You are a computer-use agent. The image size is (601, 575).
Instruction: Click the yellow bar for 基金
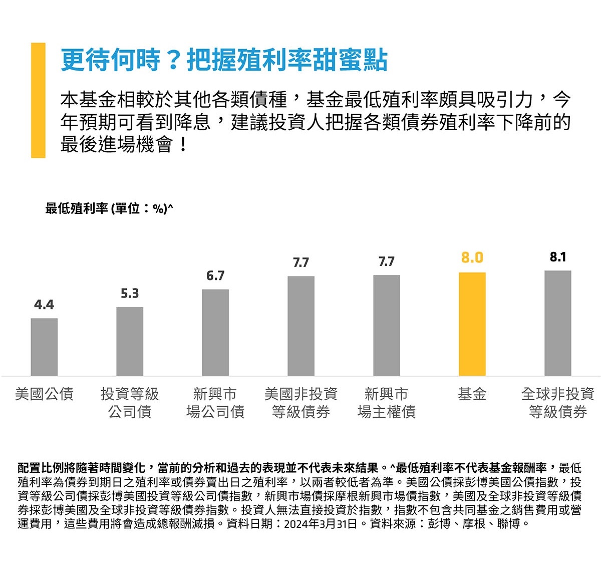[x=472, y=324]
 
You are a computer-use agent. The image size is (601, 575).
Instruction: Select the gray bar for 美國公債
[x=44, y=347]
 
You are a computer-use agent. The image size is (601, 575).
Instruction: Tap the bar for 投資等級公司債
[x=130, y=341]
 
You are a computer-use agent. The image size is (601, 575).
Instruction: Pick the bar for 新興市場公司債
[x=215, y=332]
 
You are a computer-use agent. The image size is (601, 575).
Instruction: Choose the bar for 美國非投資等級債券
[x=301, y=326]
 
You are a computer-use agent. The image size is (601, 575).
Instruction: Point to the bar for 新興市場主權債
[x=387, y=325]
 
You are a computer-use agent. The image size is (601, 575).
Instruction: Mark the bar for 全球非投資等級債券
[x=557, y=323]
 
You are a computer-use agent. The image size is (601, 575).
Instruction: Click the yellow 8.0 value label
[x=472, y=257]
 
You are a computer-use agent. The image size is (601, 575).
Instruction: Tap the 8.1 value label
[x=557, y=257]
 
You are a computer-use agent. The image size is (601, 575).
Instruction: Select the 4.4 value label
[x=44, y=305]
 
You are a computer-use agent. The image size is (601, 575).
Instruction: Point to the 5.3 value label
[x=130, y=294]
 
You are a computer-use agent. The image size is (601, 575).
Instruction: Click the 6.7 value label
[x=215, y=276]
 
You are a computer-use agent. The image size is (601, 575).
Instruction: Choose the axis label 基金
[x=472, y=394]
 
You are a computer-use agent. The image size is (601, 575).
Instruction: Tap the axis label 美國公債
[x=44, y=394]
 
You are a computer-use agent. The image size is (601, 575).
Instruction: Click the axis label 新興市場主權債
[x=387, y=403]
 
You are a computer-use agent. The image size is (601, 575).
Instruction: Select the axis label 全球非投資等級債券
[x=557, y=403]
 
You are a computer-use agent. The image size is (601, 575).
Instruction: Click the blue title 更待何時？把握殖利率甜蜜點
[x=224, y=60]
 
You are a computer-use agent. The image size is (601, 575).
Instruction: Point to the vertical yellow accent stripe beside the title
[x=38, y=100]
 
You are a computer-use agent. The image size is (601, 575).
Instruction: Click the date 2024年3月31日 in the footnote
[x=321, y=524]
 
